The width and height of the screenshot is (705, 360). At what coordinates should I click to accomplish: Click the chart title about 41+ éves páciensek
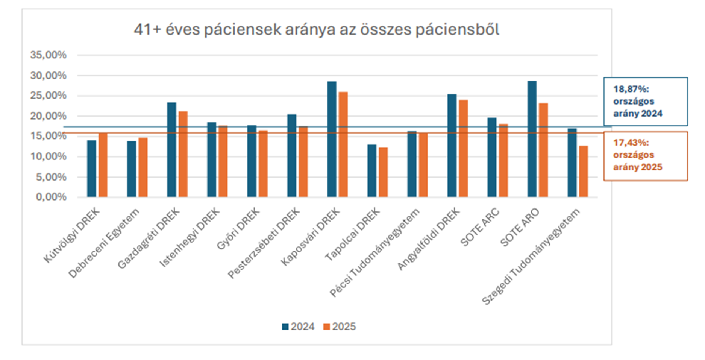(317, 29)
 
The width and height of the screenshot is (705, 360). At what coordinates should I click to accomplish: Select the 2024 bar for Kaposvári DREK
(332, 139)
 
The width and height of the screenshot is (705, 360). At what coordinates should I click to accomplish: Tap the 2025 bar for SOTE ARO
(543, 150)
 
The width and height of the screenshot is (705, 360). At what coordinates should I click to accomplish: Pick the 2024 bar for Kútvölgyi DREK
(91, 169)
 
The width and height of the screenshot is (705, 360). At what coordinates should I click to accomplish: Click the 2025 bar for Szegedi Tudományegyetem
(583, 172)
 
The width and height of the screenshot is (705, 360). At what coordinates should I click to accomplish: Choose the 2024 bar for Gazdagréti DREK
(171, 150)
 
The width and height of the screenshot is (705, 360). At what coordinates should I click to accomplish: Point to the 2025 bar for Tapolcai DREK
(383, 172)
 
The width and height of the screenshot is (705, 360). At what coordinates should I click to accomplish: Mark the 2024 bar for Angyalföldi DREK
(452, 146)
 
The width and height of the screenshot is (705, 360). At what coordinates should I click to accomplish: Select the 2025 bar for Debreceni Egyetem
(143, 167)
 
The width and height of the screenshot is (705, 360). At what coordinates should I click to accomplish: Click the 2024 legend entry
(298, 327)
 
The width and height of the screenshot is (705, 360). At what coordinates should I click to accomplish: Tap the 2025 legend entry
(340, 327)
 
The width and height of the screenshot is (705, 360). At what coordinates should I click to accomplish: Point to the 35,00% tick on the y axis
(48, 55)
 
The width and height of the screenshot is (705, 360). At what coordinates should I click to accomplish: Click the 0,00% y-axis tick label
(51, 197)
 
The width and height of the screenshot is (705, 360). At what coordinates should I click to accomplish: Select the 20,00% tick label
(48, 116)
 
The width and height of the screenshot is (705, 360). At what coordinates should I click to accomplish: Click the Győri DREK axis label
(238, 229)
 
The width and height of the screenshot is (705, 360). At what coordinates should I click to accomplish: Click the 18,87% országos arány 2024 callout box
(646, 102)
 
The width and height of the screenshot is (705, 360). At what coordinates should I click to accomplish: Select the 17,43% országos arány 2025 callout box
(646, 156)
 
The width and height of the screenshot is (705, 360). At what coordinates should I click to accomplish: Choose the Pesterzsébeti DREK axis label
(264, 243)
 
